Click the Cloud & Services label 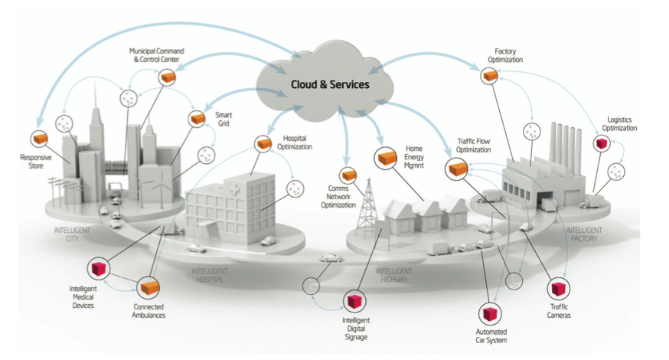[x=329, y=83]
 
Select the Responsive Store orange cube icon [x=39, y=138]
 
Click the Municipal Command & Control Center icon [x=167, y=77]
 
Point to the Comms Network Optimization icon [x=348, y=175]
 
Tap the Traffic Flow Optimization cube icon [x=459, y=169]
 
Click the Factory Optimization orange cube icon [x=489, y=76]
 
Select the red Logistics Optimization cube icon [x=601, y=142]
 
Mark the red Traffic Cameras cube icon [x=558, y=289]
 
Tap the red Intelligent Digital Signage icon [x=354, y=299]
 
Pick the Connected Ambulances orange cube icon [x=147, y=288]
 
